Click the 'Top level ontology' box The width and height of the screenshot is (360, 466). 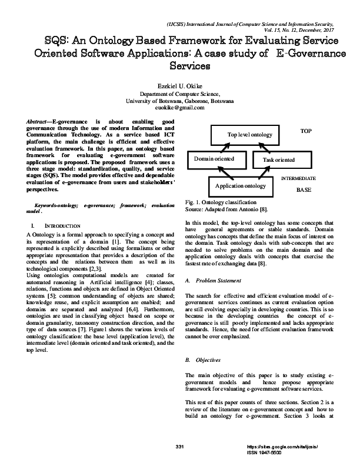coord(249,135)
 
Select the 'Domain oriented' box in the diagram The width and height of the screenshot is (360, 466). coord(214,159)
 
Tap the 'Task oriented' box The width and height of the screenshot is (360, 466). coord(279,159)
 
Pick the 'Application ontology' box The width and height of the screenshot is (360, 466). coord(241,186)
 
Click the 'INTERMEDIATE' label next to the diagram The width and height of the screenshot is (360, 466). coord(298,178)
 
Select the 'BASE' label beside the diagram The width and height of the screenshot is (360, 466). coord(304,191)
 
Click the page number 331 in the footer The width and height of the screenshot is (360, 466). coord(180,448)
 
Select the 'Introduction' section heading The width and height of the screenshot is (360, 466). coord(63,226)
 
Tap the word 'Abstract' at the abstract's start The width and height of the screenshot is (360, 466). coord(36,120)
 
